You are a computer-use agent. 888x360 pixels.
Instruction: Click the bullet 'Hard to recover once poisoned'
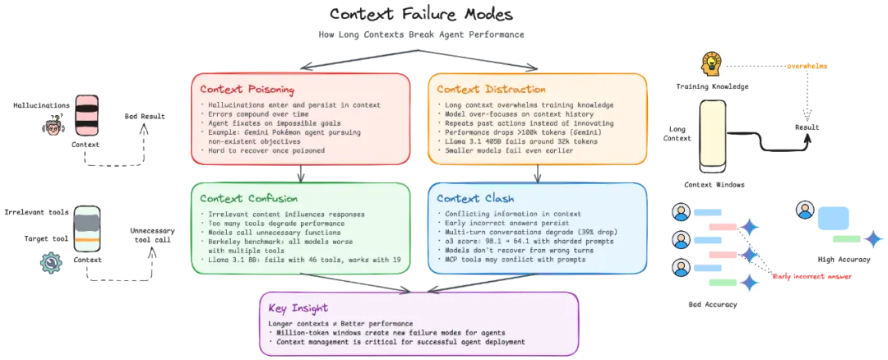click(262, 150)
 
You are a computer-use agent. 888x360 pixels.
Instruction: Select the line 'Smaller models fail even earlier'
click(502, 150)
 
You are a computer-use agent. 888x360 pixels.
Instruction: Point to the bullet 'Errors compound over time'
click(252, 114)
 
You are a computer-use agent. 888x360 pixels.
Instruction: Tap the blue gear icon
click(52, 263)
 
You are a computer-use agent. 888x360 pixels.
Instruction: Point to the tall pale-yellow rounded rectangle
click(712, 133)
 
